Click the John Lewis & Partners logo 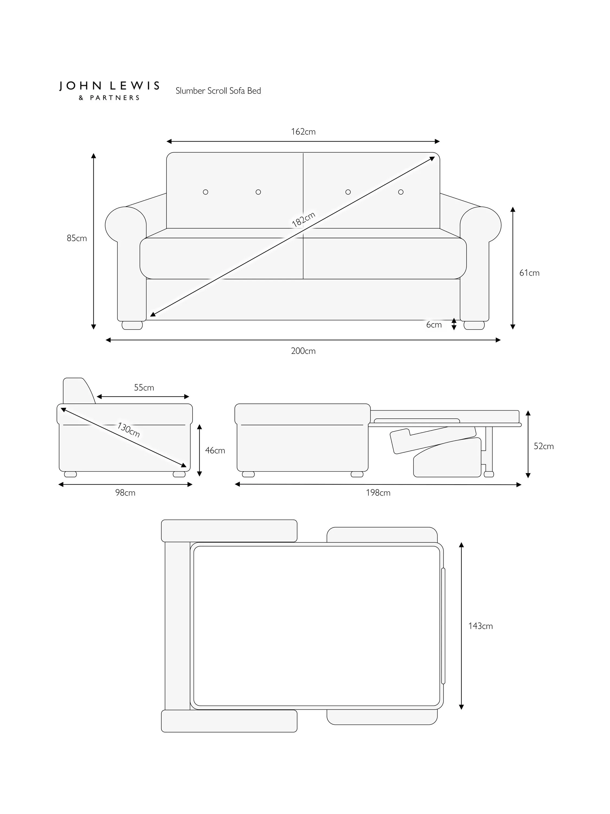pyautogui.click(x=109, y=90)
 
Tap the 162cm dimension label pyautogui.click(x=303, y=132)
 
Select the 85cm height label pyautogui.click(x=77, y=238)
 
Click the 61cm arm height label pyautogui.click(x=529, y=273)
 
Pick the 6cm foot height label pyautogui.click(x=434, y=325)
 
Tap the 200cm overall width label pyautogui.click(x=303, y=351)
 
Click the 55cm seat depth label pyautogui.click(x=144, y=387)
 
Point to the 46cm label pyautogui.click(x=215, y=450)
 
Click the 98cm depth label pyautogui.click(x=125, y=493)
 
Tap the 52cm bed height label pyautogui.click(x=544, y=446)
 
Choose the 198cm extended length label pyautogui.click(x=378, y=493)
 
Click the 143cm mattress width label pyautogui.click(x=480, y=626)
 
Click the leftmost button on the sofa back pyautogui.click(x=206, y=192)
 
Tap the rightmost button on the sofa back pyautogui.click(x=401, y=192)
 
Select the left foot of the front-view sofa pyautogui.click(x=132, y=325)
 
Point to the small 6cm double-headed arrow pyautogui.click(x=454, y=324)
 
